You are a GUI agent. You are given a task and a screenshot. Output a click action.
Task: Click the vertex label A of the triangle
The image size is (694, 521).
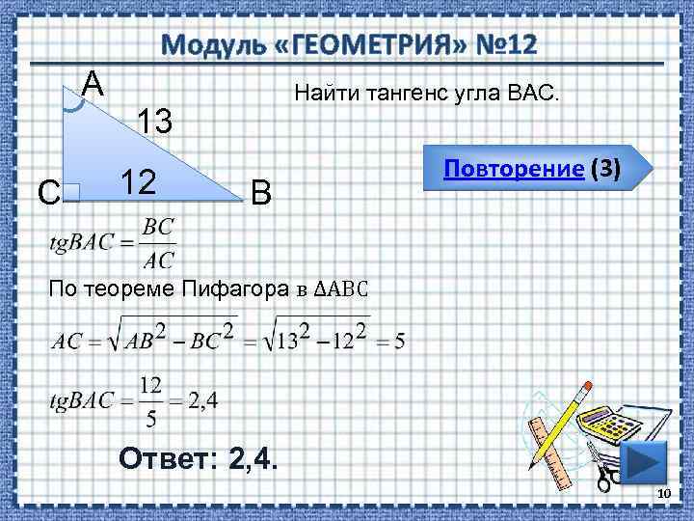pos(93,84)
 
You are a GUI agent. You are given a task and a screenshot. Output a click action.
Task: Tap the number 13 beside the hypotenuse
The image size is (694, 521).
pos(154,123)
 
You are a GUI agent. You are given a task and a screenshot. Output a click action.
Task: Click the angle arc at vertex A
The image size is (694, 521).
pos(73,104)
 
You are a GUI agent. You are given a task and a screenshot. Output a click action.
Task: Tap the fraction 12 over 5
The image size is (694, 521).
pos(149,400)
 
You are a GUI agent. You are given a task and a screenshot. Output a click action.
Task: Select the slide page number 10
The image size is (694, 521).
pos(662,494)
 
